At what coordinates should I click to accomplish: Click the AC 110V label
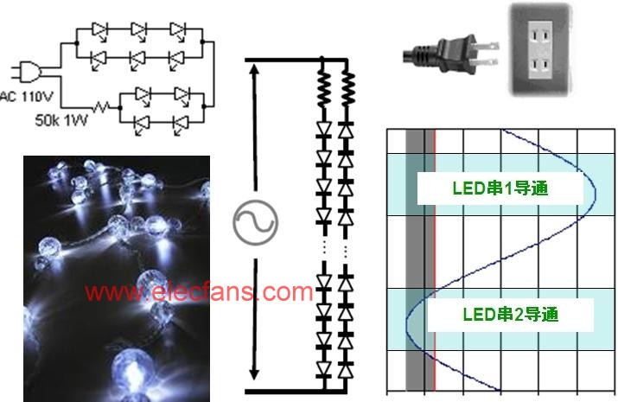pyautogui.click(x=26, y=97)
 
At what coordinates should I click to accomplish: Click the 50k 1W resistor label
pyautogui.click(x=61, y=120)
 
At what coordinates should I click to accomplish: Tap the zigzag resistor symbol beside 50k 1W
pyautogui.click(x=101, y=107)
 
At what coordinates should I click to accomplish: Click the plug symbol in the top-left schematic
pyautogui.click(x=27, y=72)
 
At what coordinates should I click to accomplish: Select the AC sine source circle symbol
pyautogui.click(x=255, y=223)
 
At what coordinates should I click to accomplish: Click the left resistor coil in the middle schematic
pyautogui.click(x=323, y=89)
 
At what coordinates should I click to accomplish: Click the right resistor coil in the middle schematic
pyautogui.click(x=347, y=89)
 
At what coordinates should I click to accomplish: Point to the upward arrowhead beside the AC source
pyautogui.click(x=255, y=70)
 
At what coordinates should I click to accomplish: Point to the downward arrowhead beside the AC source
pyautogui.click(x=255, y=373)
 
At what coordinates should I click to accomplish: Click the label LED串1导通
pyautogui.click(x=500, y=188)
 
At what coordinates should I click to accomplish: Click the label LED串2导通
pyautogui.click(x=511, y=315)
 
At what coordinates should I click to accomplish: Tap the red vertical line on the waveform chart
pyautogui.click(x=435, y=260)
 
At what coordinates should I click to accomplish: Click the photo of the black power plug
pyautogui.click(x=450, y=54)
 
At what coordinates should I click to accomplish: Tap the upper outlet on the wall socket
pyautogui.click(x=539, y=36)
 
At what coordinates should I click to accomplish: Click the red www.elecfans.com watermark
pyautogui.click(x=199, y=292)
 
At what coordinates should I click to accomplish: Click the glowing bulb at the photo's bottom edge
pyautogui.click(x=132, y=374)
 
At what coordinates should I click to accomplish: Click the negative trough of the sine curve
pyautogui.click(x=407, y=322)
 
